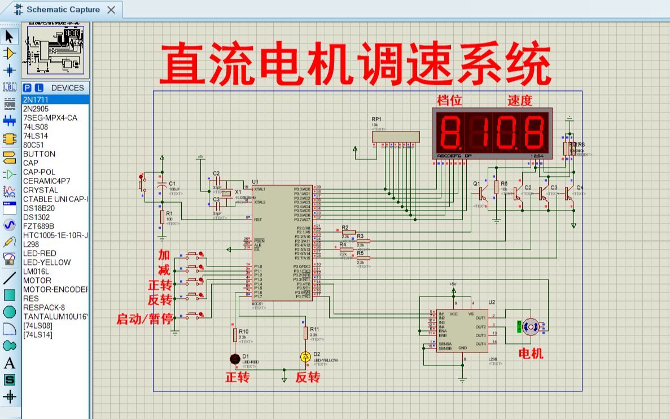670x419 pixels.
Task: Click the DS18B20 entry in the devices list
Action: (39, 208)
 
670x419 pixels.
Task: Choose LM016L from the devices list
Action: (36, 272)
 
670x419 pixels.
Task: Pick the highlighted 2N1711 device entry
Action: (36, 100)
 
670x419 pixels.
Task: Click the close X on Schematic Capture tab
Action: (111, 10)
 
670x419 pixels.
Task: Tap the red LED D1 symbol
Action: (235, 359)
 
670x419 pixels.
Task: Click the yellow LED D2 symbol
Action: (305, 356)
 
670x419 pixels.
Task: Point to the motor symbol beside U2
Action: (530, 326)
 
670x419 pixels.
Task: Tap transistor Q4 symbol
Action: (569, 193)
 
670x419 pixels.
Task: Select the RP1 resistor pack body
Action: (395, 137)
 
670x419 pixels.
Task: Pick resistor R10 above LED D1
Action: (235, 335)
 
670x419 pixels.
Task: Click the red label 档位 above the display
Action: (449, 101)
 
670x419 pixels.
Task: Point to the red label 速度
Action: (519, 101)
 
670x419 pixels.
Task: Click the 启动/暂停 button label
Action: (144, 319)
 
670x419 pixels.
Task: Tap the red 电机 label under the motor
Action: (531, 353)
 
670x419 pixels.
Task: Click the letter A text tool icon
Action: (10, 363)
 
